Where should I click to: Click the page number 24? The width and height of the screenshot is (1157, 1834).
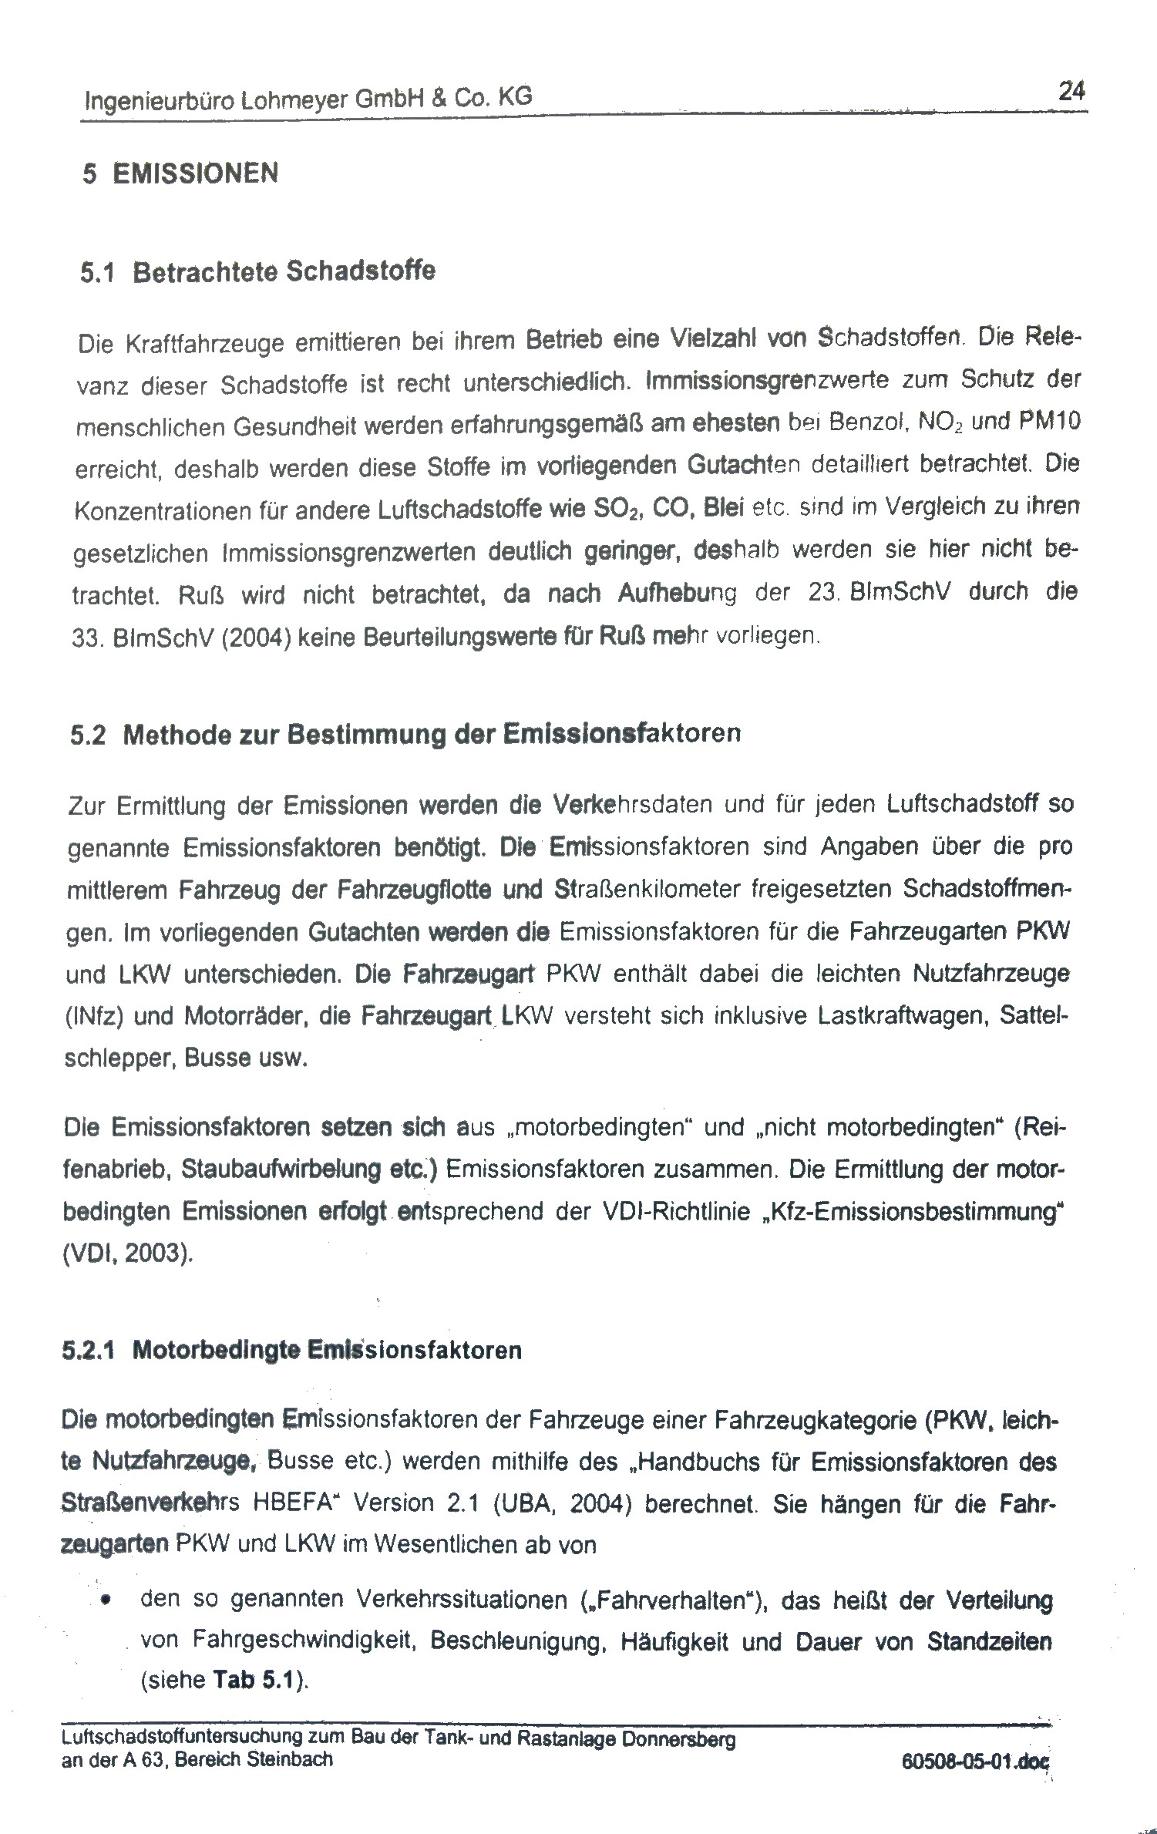pos(1071,93)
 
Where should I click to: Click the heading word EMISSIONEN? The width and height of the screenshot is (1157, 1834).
pos(196,173)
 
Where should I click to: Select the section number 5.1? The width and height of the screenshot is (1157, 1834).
pos(97,273)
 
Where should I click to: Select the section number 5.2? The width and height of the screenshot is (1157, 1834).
pos(88,735)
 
